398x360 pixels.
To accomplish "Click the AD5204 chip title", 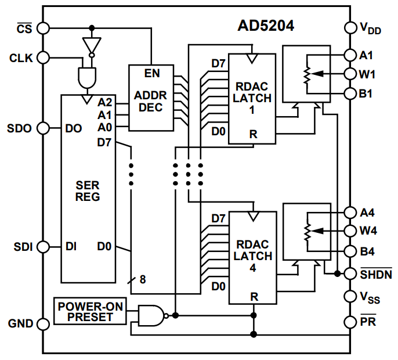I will (266, 26).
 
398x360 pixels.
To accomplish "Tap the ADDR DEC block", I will (150, 98).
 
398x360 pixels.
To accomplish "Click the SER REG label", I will (88, 192).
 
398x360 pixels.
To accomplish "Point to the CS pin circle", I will (44, 28).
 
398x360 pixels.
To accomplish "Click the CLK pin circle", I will (44, 57).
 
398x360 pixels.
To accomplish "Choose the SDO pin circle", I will (44, 128).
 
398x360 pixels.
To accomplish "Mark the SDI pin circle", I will (44, 247).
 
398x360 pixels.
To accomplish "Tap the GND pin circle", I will (44, 323).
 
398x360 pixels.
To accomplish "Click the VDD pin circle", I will (350, 27).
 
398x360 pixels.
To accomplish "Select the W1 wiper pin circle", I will (350, 74).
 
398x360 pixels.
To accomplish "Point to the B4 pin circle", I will (350, 251).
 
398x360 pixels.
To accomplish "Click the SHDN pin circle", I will (350, 273).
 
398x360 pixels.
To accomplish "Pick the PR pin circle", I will (350, 321).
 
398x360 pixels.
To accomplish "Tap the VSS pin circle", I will (350, 297).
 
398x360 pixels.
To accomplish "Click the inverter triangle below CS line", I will (92, 45).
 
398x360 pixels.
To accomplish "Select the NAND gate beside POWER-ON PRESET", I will (151, 315).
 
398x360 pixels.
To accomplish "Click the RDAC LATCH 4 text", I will (252, 256).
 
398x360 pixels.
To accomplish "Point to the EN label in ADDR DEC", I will (152, 74).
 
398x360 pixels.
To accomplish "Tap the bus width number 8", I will (143, 279).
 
